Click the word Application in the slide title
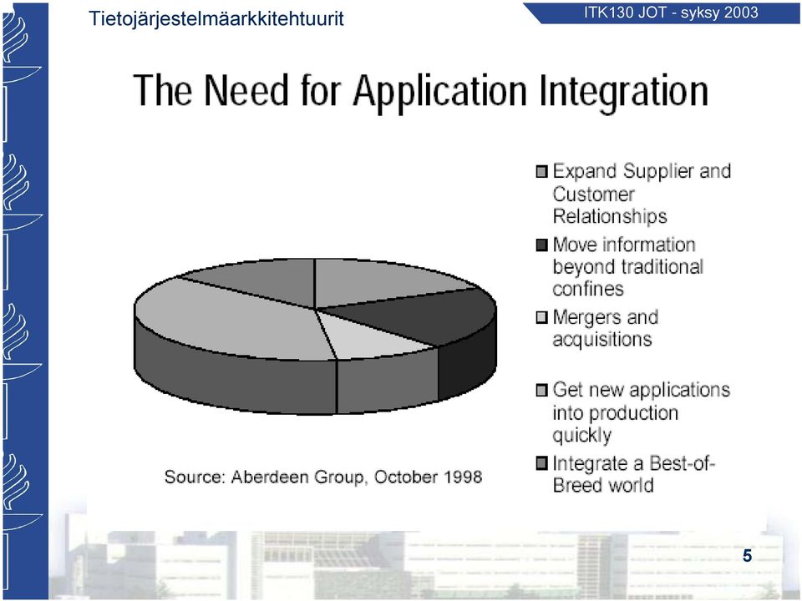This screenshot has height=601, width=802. [x=440, y=92]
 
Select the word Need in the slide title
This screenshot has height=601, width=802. [x=246, y=90]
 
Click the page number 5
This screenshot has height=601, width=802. [x=747, y=556]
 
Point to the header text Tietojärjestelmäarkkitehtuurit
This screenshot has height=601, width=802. [x=216, y=19]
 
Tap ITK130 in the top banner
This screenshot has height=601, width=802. [x=609, y=13]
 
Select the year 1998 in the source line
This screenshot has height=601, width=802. [x=462, y=477]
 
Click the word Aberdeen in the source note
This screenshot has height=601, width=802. [x=270, y=477]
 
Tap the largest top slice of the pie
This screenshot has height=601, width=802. [x=231, y=320]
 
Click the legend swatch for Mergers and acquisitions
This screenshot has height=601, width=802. [x=541, y=318]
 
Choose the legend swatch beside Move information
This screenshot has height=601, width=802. [x=541, y=245]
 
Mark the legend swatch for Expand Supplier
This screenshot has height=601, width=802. [x=541, y=171]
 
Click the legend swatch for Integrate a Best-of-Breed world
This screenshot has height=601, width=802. [x=541, y=463]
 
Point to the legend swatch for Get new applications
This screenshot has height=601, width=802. [x=541, y=391]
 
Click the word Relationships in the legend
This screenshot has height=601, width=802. [x=610, y=217]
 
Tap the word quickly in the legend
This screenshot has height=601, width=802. [x=582, y=436]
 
